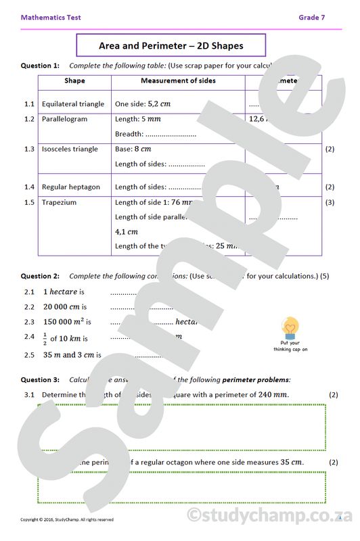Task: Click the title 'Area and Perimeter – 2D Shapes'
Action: [171, 46]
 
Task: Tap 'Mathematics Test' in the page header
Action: [51, 18]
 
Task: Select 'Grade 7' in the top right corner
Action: [311, 18]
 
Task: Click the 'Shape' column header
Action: [74, 81]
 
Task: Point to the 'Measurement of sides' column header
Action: [178, 81]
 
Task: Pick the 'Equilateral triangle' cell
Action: [73, 104]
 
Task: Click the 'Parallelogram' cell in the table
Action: [64, 119]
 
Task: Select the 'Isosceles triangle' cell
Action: [70, 149]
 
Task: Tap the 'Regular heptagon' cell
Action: [70, 187]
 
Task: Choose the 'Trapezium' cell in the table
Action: [59, 202]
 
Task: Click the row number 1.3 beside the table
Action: [28, 149]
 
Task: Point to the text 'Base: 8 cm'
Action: [133, 149]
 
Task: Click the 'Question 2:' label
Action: [40, 276]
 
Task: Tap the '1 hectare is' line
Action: [64, 292]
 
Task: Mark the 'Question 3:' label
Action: [40, 380]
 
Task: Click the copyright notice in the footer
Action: [67, 519]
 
